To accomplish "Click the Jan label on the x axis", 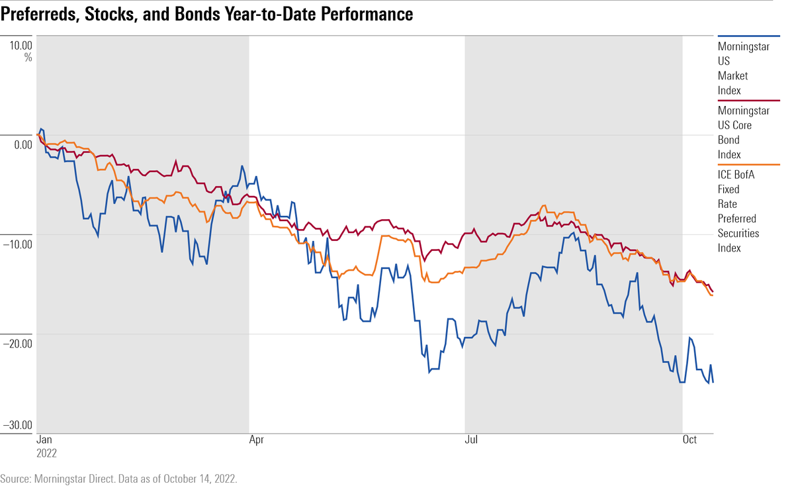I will coord(44,440).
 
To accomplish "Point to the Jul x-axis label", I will coord(472,440).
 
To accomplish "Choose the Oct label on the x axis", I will coord(690,440).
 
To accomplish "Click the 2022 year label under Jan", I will coord(46,454).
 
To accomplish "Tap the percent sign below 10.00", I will coord(28,57).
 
